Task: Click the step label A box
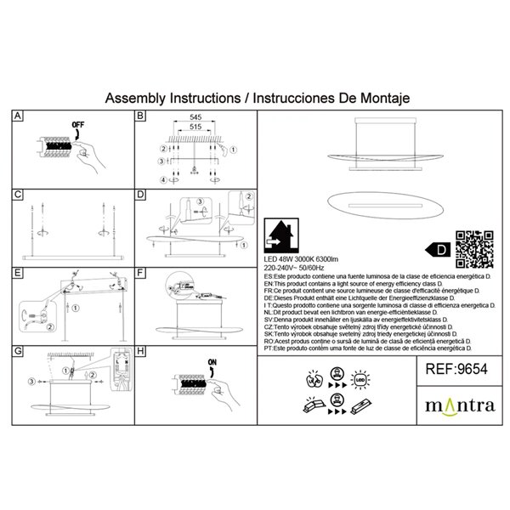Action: coord(20,116)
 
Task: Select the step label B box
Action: coord(141,116)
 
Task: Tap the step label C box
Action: coord(20,195)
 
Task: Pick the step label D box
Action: coord(141,195)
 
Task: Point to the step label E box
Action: coord(20,274)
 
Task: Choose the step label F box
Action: coord(141,274)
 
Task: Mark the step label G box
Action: coord(20,351)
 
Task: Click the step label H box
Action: coord(141,351)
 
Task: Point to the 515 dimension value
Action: coord(196,128)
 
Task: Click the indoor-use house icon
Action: coord(280,235)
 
